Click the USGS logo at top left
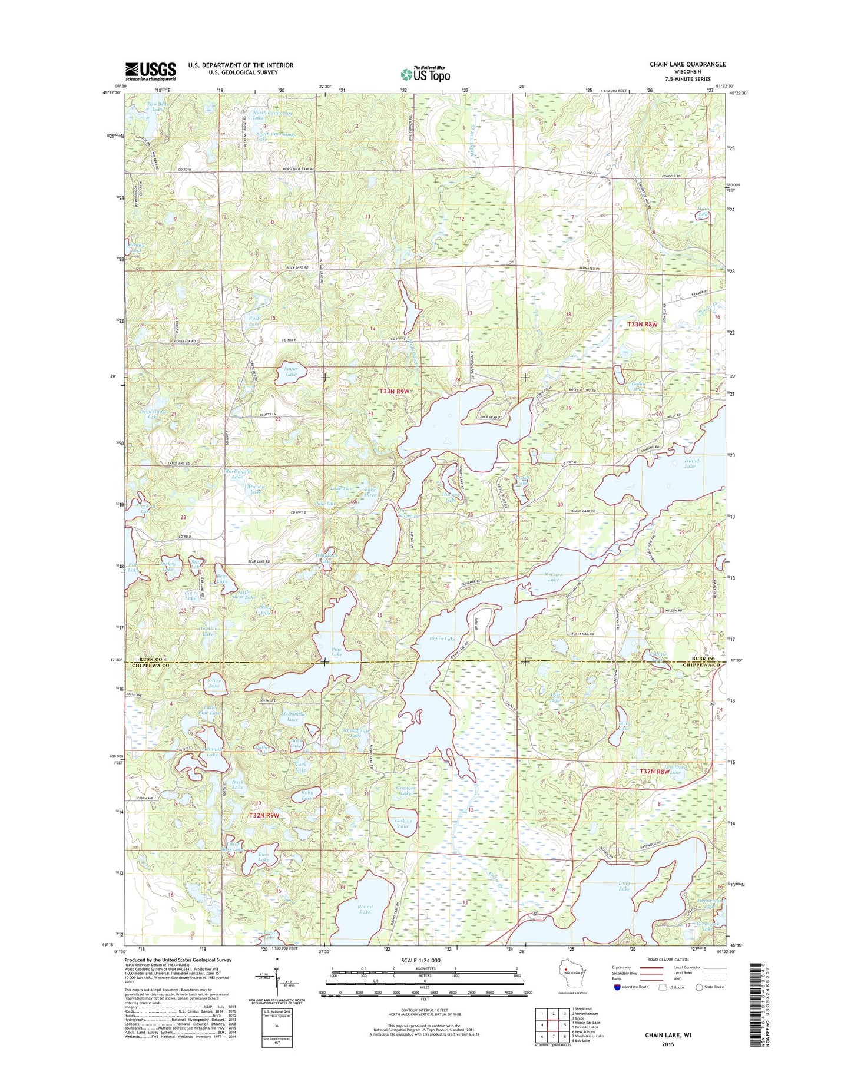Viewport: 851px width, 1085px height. pyautogui.click(x=150, y=71)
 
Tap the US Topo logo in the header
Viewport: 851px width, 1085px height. pyautogui.click(x=425, y=74)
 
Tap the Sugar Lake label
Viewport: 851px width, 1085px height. pyautogui.click(x=291, y=371)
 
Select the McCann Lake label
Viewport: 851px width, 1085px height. pyautogui.click(x=553, y=577)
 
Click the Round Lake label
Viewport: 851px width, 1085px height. pyautogui.click(x=365, y=909)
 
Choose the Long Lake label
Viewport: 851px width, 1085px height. pyautogui.click(x=624, y=886)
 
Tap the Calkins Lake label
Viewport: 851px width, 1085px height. pyautogui.click(x=403, y=823)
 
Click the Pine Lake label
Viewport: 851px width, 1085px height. pyautogui.click(x=336, y=652)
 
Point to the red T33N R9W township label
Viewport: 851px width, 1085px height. pyautogui.click(x=393, y=391)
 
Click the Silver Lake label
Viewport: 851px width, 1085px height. pyautogui.click(x=214, y=683)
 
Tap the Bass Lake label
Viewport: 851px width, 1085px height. pyautogui.click(x=263, y=857)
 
